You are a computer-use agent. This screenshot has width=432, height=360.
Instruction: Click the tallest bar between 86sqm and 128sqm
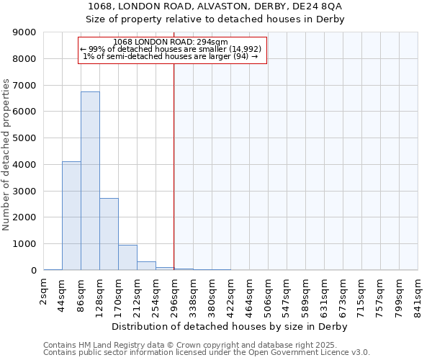pos(90,181)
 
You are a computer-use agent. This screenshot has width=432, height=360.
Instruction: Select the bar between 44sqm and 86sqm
pos(71,215)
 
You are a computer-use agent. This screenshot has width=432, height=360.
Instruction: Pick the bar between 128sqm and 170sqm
pos(109,234)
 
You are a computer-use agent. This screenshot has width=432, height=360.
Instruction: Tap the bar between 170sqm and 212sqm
pos(127,257)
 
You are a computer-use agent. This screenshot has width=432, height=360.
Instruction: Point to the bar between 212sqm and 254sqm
pos(146,266)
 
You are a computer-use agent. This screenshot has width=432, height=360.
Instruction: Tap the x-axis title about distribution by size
pos(230,327)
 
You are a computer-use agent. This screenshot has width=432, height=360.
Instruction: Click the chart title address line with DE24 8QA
pos(216,6)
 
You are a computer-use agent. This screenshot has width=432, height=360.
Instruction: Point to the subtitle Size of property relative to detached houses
pos(216,19)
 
